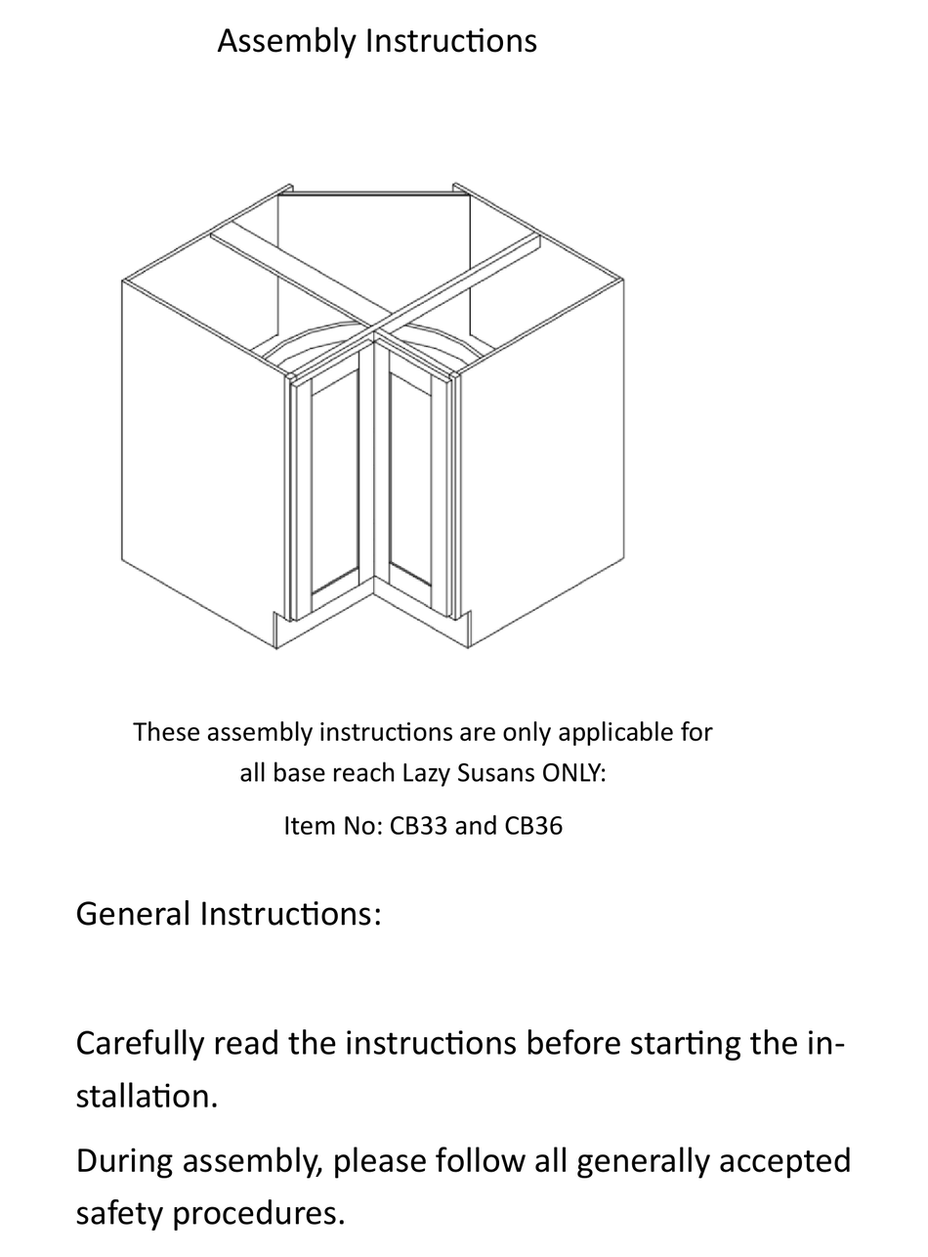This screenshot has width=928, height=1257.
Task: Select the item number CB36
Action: coord(533,826)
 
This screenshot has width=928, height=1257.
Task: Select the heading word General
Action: coord(133,914)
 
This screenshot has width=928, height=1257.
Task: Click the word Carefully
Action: coord(141,1044)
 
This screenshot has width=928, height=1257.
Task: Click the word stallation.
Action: coord(147,1096)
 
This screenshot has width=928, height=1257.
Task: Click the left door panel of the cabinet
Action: coord(334,484)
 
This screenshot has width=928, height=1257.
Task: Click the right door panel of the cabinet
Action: coord(410,479)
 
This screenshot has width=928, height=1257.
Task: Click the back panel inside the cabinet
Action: coord(373,254)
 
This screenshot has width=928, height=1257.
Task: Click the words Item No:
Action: coord(333,826)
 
